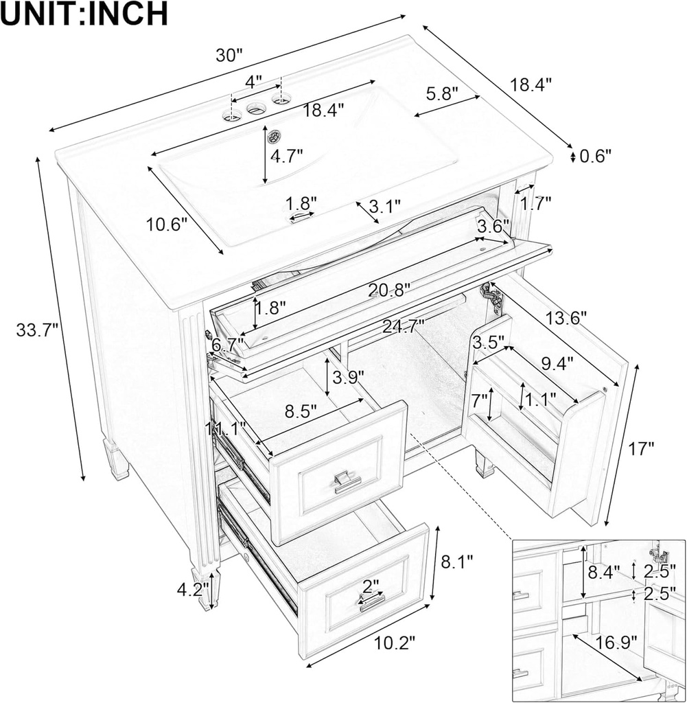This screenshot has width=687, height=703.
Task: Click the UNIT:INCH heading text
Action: pos(84,14)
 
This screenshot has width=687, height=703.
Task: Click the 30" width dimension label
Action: pos(229,56)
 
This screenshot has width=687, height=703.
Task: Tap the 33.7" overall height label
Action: pos(35,330)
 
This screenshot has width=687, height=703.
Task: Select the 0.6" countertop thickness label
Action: pos(595,157)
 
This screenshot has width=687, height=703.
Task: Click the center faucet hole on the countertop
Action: pos(257,108)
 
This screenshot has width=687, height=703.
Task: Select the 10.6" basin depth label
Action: pos(166,224)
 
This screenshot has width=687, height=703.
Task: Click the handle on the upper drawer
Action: pos(347,482)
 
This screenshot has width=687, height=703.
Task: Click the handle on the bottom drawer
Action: pos(371,602)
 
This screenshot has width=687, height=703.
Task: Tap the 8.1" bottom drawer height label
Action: pos(457,563)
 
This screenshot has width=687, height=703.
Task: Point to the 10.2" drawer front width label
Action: pos(395,643)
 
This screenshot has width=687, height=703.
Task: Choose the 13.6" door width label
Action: pos(566,318)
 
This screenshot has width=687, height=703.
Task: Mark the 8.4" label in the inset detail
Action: pos(605,571)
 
